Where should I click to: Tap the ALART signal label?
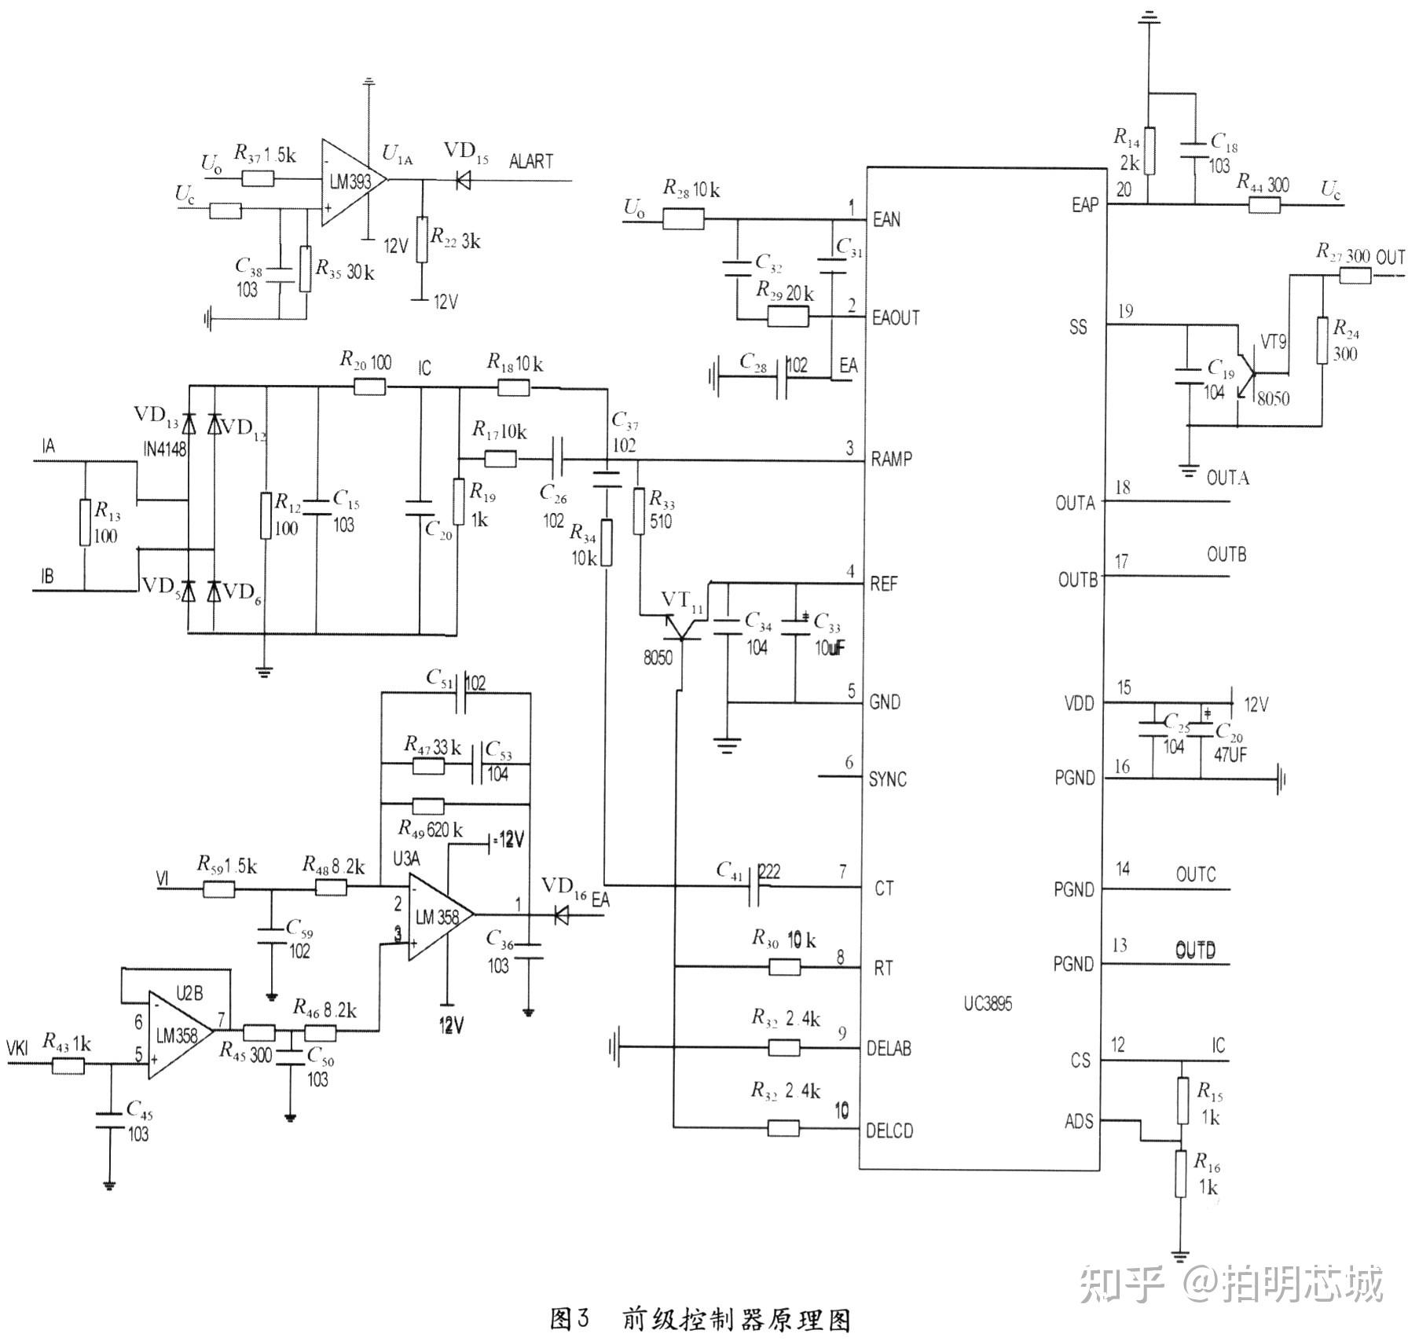(530, 161)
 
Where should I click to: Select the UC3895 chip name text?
(988, 1004)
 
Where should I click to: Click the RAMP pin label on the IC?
(891, 459)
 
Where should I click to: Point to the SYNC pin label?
(887, 779)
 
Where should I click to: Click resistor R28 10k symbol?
(683, 219)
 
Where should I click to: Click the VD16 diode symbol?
(561, 915)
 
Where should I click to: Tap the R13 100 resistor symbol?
(85, 522)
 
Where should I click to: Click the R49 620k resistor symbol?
(428, 806)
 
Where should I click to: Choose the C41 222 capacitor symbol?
(755, 888)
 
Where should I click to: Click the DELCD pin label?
(889, 1131)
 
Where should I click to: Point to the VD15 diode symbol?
(463, 181)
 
